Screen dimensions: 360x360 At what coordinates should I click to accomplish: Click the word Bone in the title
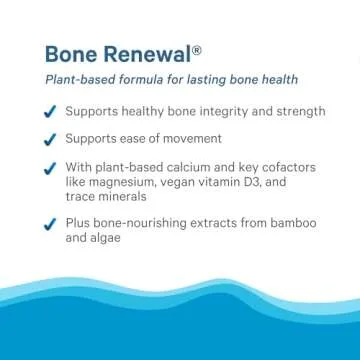pos(73,52)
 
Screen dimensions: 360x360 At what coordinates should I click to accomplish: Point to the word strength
pos(324,111)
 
